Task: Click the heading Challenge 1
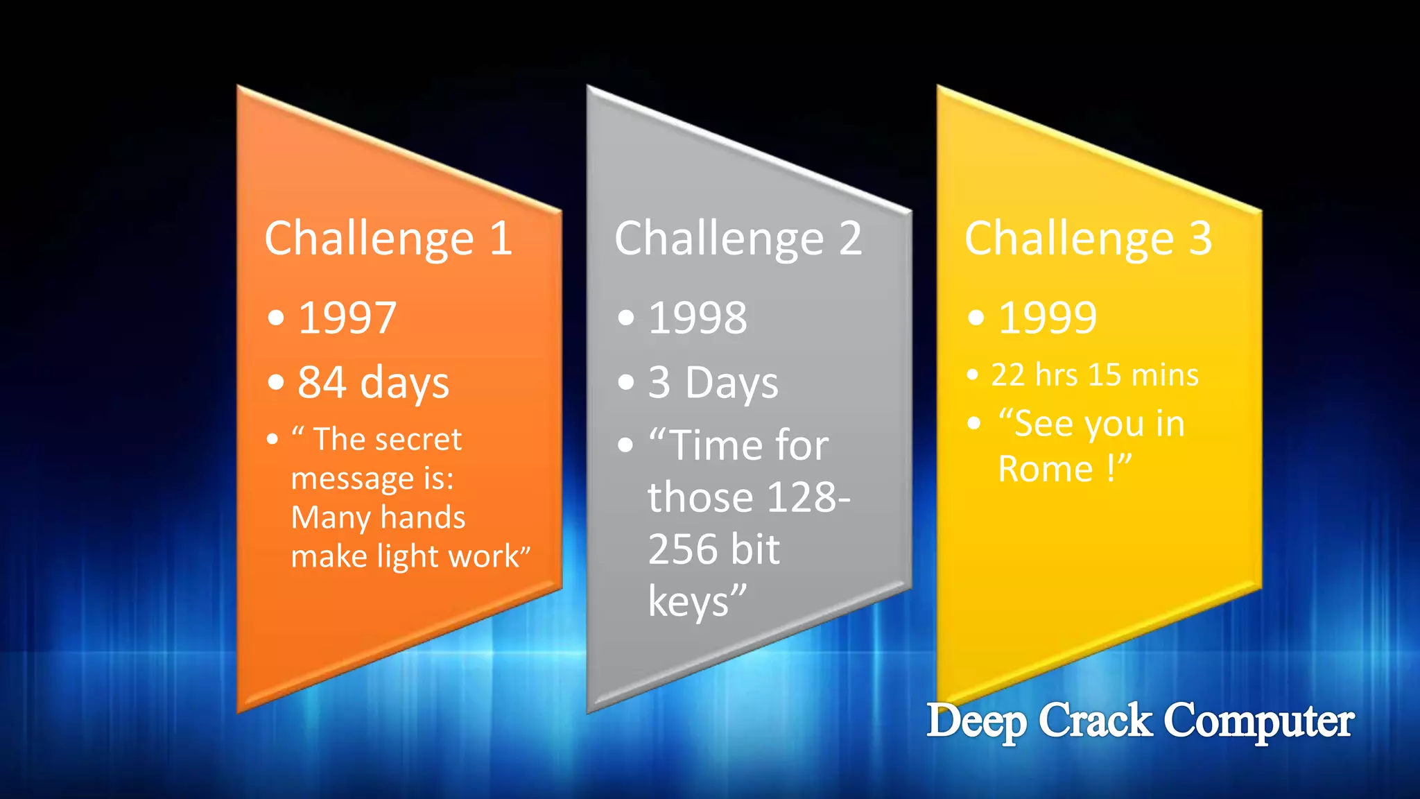click(388, 239)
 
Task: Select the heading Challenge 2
click(738, 239)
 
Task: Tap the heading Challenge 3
click(1089, 239)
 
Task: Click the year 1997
click(347, 318)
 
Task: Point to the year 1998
click(698, 318)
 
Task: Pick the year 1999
click(1048, 318)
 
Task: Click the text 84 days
click(373, 382)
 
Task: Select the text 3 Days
click(713, 382)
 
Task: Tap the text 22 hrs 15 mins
click(1095, 375)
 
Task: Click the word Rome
click(1045, 470)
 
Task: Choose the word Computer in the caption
click(1258, 721)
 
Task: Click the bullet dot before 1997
click(276, 318)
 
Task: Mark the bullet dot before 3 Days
click(626, 382)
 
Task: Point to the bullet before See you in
click(974, 423)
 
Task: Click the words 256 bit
click(713, 549)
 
